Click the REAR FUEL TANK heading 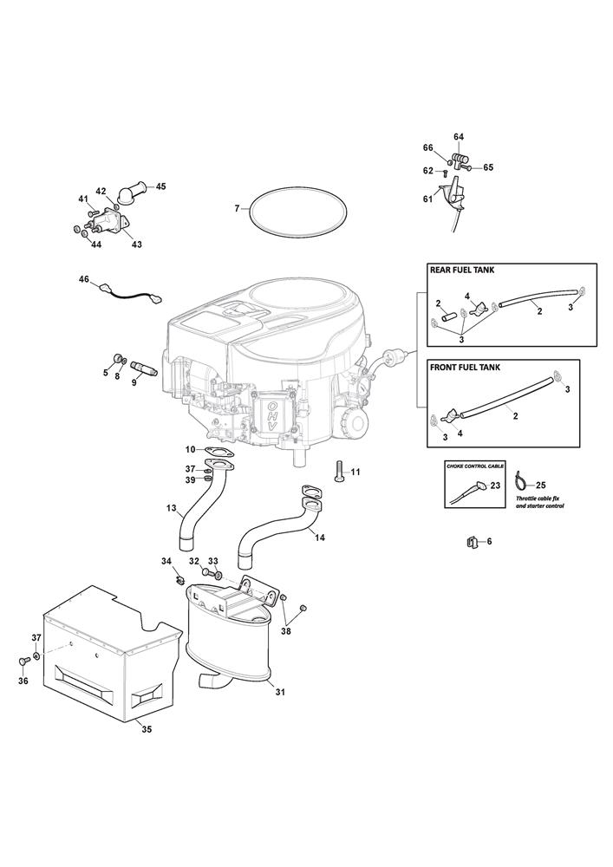click(462, 270)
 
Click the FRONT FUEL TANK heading click(465, 367)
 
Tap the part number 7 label click(237, 208)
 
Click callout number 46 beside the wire click(83, 279)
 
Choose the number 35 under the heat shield click(147, 729)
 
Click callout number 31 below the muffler click(279, 691)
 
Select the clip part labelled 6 click(472, 543)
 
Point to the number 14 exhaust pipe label click(320, 538)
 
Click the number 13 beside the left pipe click(171, 507)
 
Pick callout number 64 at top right click(459, 137)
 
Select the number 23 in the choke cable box click(495, 486)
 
